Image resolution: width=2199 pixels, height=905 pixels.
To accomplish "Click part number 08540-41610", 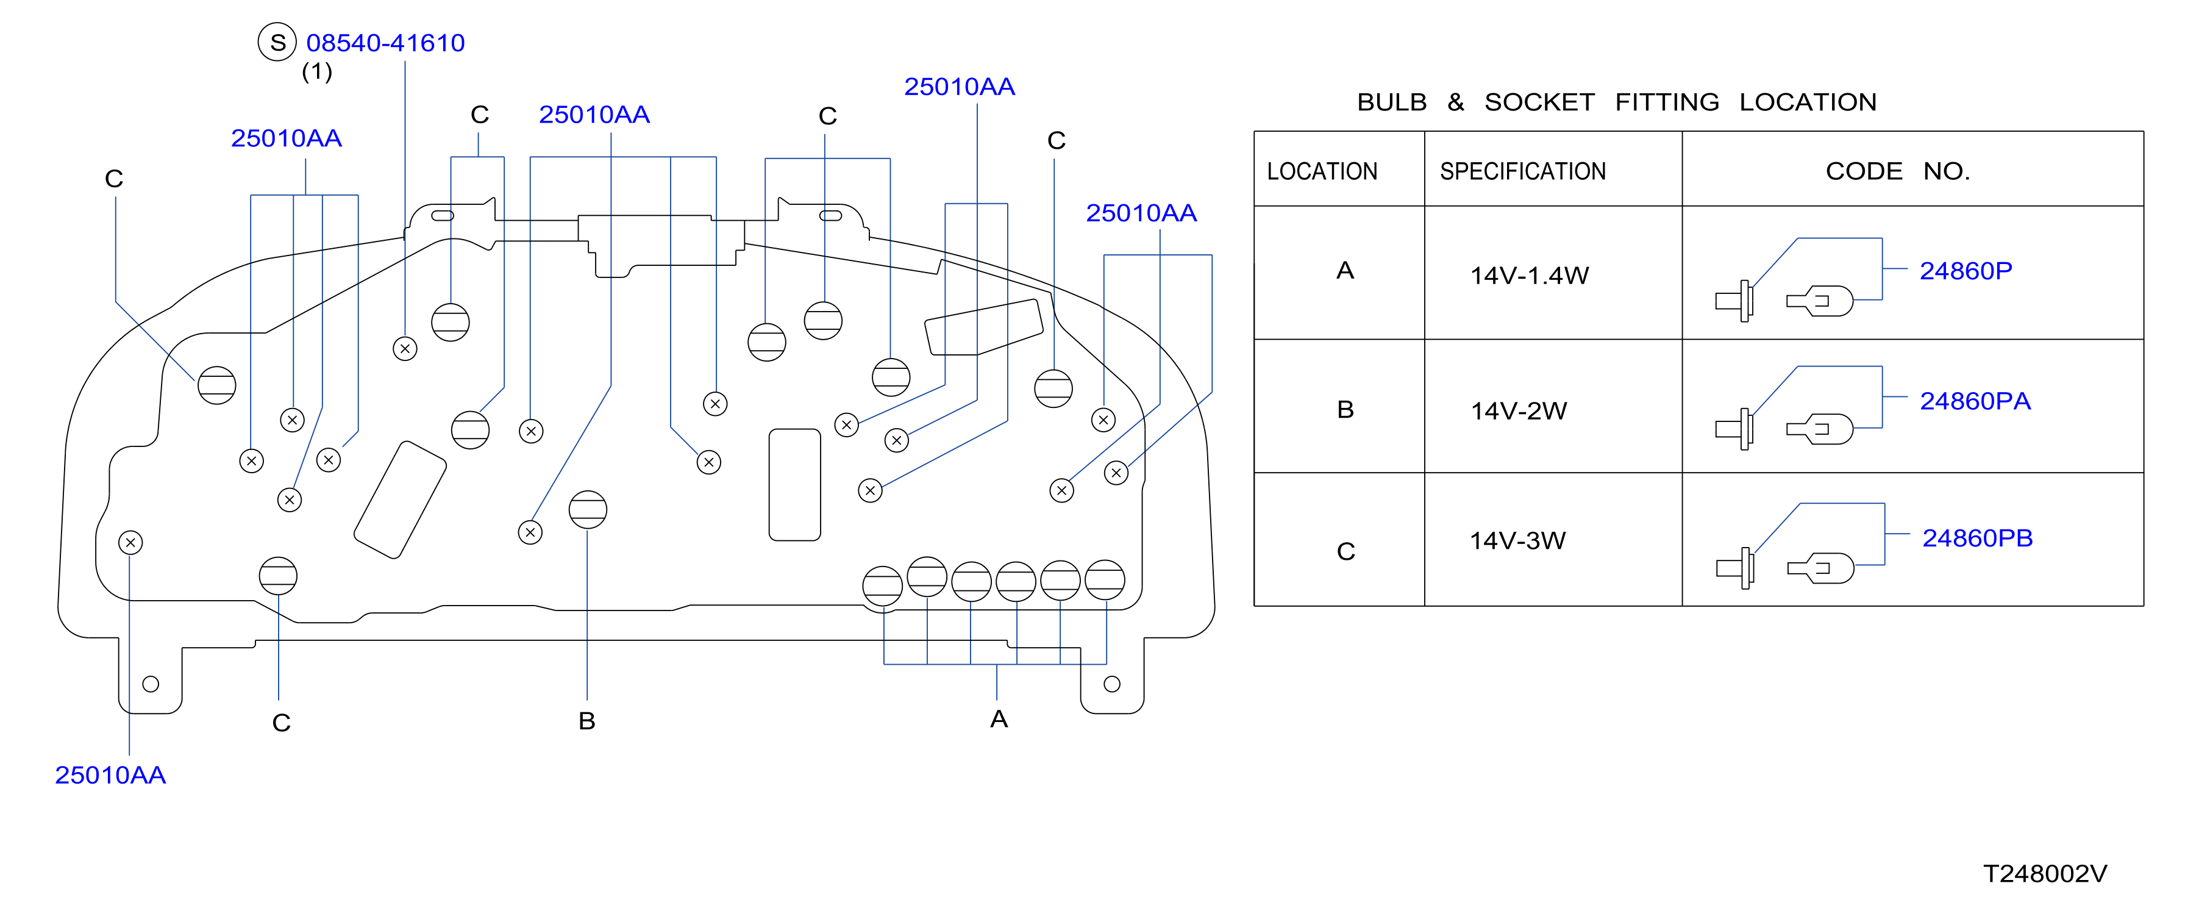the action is pos(385,43).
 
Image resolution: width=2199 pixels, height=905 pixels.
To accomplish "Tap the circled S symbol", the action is pos(277,42).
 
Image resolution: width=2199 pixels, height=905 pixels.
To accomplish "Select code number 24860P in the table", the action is pos(1965,271).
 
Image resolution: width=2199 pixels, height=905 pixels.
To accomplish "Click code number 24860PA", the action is pos(1975,401).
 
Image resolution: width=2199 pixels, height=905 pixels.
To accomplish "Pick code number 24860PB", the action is pos(1977,538).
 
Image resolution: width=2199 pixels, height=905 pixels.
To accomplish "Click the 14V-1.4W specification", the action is pos(1529,275).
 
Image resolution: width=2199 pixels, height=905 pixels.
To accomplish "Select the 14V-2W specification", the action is pos(1519,410).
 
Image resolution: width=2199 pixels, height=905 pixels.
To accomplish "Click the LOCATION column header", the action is pos(1322,171).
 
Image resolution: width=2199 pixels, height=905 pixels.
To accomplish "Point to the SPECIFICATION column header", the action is pos(1523,171).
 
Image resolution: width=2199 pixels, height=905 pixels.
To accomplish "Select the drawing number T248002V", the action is pos(2045,873).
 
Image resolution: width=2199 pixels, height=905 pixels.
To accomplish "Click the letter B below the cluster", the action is pos(586,721).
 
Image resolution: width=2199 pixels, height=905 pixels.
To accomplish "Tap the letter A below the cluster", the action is pos(999,719).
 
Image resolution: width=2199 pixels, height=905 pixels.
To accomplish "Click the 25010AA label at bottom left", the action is pos(110,775).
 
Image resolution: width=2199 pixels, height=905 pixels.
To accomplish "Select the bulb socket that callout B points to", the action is pos(587,510).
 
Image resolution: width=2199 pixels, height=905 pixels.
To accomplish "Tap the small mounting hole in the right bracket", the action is pos(1111,684).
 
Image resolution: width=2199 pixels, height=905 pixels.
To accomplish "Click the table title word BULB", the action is pos(1391,102).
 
